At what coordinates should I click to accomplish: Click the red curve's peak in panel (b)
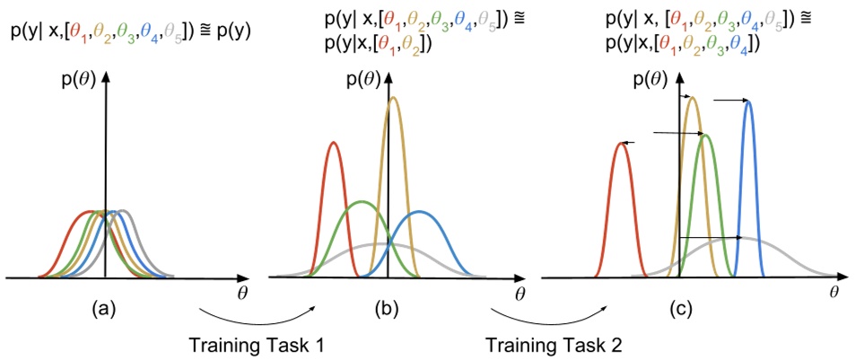(x=334, y=142)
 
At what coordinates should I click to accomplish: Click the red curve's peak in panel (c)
(x=621, y=142)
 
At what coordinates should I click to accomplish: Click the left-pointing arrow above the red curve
(x=629, y=142)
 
